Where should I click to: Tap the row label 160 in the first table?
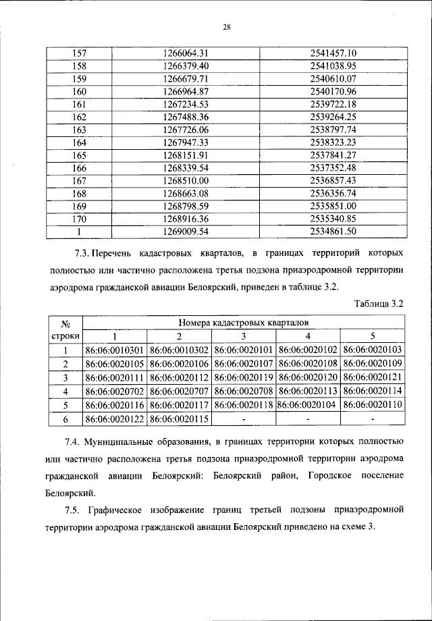pos(79,91)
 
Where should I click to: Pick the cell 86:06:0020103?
pos(372,350)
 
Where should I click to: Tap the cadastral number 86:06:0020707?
pos(179,391)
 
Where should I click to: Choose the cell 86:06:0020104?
pos(308,405)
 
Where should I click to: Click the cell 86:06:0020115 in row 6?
pos(179,419)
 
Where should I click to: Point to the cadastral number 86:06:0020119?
pos(244,377)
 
